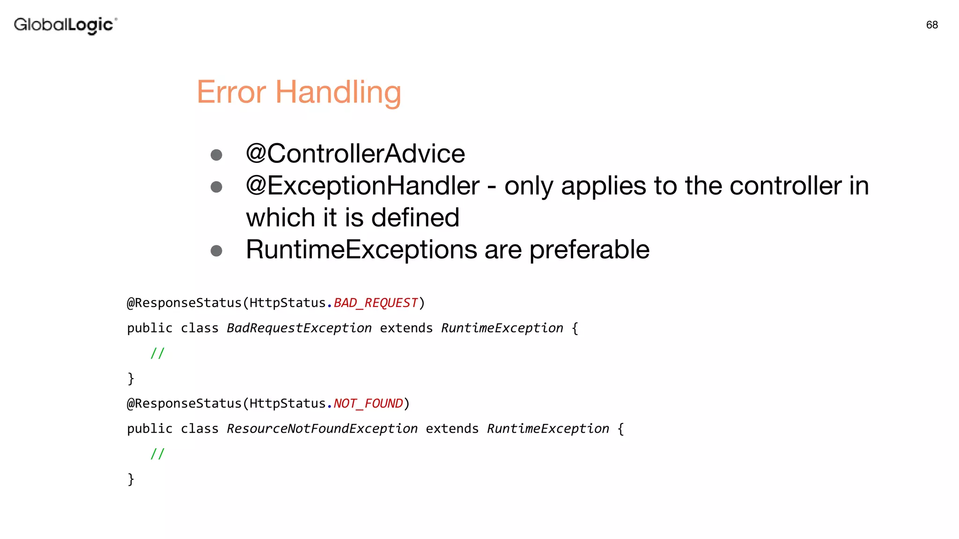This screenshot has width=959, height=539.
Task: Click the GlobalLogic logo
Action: click(65, 25)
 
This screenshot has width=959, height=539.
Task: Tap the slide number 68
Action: click(932, 25)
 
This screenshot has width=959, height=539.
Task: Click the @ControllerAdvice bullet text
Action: click(355, 153)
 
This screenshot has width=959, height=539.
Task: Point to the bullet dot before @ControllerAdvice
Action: click(216, 155)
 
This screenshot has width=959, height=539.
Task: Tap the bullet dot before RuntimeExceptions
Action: click(216, 251)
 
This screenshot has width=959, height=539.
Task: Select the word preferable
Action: click(589, 250)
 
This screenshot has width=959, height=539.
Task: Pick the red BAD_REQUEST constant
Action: click(376, 303)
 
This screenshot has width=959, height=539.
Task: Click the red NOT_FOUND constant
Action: click(368, 404)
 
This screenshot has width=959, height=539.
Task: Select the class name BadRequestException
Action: click(299, 328)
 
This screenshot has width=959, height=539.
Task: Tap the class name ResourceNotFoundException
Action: click(322, 429)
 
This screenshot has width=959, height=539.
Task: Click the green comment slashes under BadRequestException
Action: click(157, 353)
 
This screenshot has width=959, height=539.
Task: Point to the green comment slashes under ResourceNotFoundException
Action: click(157, 454)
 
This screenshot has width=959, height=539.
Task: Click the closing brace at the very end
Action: click(131, 479)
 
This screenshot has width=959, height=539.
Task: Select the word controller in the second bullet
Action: click(785, 186)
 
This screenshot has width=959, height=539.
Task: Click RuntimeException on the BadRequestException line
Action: click(502, 328)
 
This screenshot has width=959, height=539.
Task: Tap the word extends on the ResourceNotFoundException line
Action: click(452, 429)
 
